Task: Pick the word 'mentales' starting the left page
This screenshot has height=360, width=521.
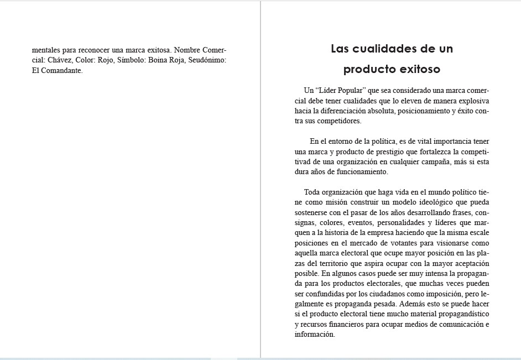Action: [x=46, y=49]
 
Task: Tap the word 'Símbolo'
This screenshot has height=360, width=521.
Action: [x=121, y=60]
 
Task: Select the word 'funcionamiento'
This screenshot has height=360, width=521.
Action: [x=360, y=172]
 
